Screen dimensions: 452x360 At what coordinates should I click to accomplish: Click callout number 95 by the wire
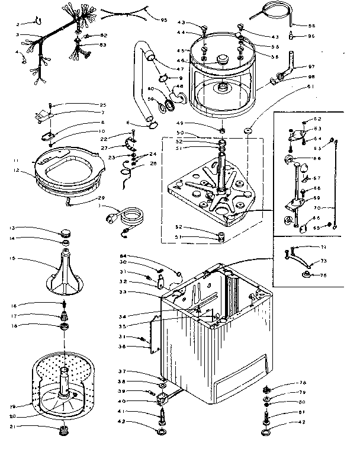tap(164, 20)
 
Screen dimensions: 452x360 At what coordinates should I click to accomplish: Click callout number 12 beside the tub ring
tap(16, 171)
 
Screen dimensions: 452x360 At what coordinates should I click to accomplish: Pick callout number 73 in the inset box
tap(324, 261)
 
